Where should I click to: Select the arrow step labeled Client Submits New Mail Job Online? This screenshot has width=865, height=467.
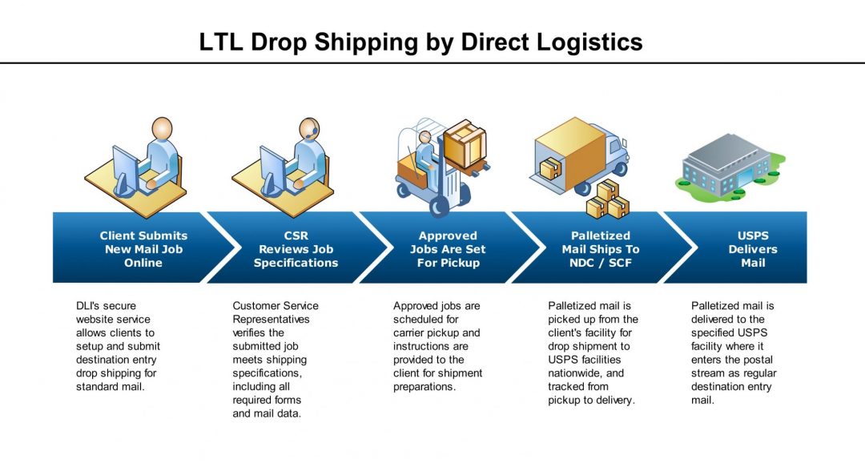(x=143, y=249)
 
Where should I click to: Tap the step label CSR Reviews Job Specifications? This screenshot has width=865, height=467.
(x=296, y=249)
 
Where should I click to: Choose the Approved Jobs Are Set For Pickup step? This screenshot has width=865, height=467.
(x=448, y=249)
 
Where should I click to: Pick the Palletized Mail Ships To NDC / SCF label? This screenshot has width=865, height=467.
(x=600, y=249)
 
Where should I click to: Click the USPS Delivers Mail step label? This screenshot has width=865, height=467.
(x=752, y=249)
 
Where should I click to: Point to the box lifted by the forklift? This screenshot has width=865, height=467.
(x=465, y=144)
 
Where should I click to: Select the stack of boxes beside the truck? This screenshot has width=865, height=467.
(x=607, y=201)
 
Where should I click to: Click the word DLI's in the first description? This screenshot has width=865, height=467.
(x=88, y=306)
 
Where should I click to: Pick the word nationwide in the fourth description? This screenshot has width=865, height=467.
(x=575, y=373)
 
